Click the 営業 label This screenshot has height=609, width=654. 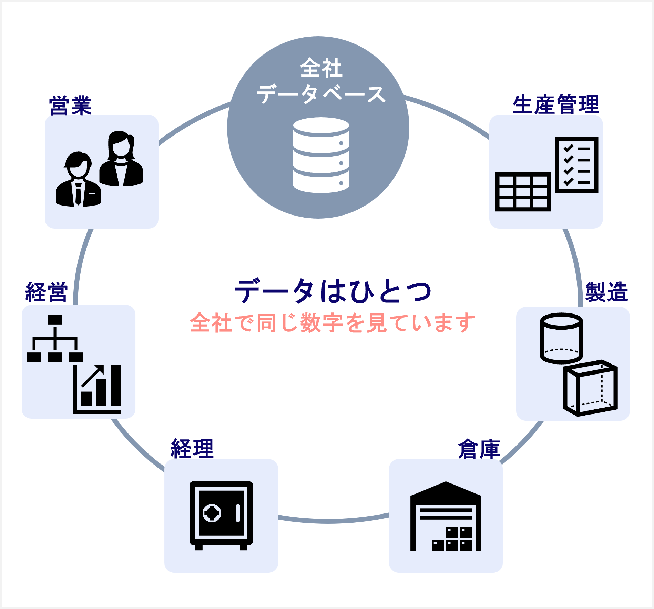click(70, 105)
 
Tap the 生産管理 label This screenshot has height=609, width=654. click(555, 104)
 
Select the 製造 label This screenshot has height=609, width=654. click(606, 292)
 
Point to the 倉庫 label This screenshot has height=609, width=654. click(479, 449)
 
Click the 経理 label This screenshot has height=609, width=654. click(192, 449)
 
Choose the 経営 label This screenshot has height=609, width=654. click(47, 292)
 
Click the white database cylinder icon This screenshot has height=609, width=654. click(321, 155)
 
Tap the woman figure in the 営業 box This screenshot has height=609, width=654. click(121, 159)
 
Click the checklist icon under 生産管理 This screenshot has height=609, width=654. click(576, 165)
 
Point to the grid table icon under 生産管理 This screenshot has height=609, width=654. click(523, 192)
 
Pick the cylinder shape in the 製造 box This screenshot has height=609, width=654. click(561, 338)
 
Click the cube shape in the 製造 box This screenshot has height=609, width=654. click(590, 388)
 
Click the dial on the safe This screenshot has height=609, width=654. click(212, 513)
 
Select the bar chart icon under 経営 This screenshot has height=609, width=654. click(98, 390)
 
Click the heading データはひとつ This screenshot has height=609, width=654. click(333, 291)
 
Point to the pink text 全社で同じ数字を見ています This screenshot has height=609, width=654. click(333, 323)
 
